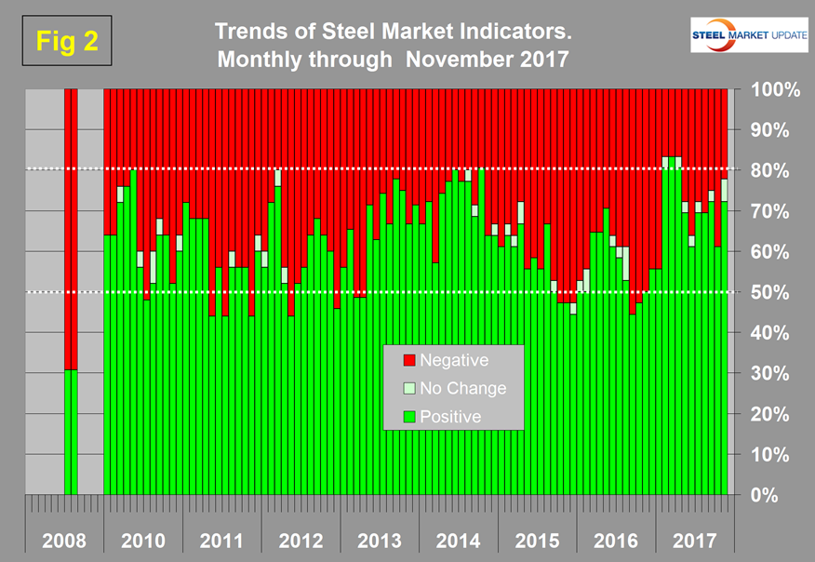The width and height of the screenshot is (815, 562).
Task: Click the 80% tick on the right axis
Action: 768,171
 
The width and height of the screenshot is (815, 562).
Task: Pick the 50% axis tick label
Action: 768,292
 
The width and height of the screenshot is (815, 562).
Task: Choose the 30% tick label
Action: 768,373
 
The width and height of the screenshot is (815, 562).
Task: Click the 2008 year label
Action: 64,541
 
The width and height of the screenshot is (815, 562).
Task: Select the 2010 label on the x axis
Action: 143,541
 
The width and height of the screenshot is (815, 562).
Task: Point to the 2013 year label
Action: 379,541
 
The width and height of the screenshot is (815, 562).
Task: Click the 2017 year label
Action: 693,541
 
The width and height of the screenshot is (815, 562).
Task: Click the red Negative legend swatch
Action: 407,360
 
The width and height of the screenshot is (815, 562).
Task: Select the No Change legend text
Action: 463,388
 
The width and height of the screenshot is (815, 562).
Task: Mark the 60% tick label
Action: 768,252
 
